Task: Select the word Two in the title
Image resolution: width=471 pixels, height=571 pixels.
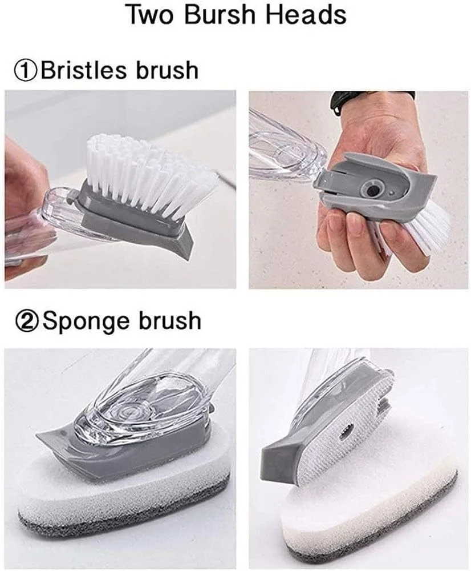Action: (x=152, y=15)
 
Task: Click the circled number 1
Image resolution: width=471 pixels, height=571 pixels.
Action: (x=26, y=70)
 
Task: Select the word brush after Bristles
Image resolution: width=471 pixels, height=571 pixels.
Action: (x=168, y=70)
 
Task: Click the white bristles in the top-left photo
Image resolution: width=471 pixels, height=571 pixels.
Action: (x=145, y=175)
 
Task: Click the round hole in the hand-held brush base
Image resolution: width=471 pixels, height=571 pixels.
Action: (x=372, y=190)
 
